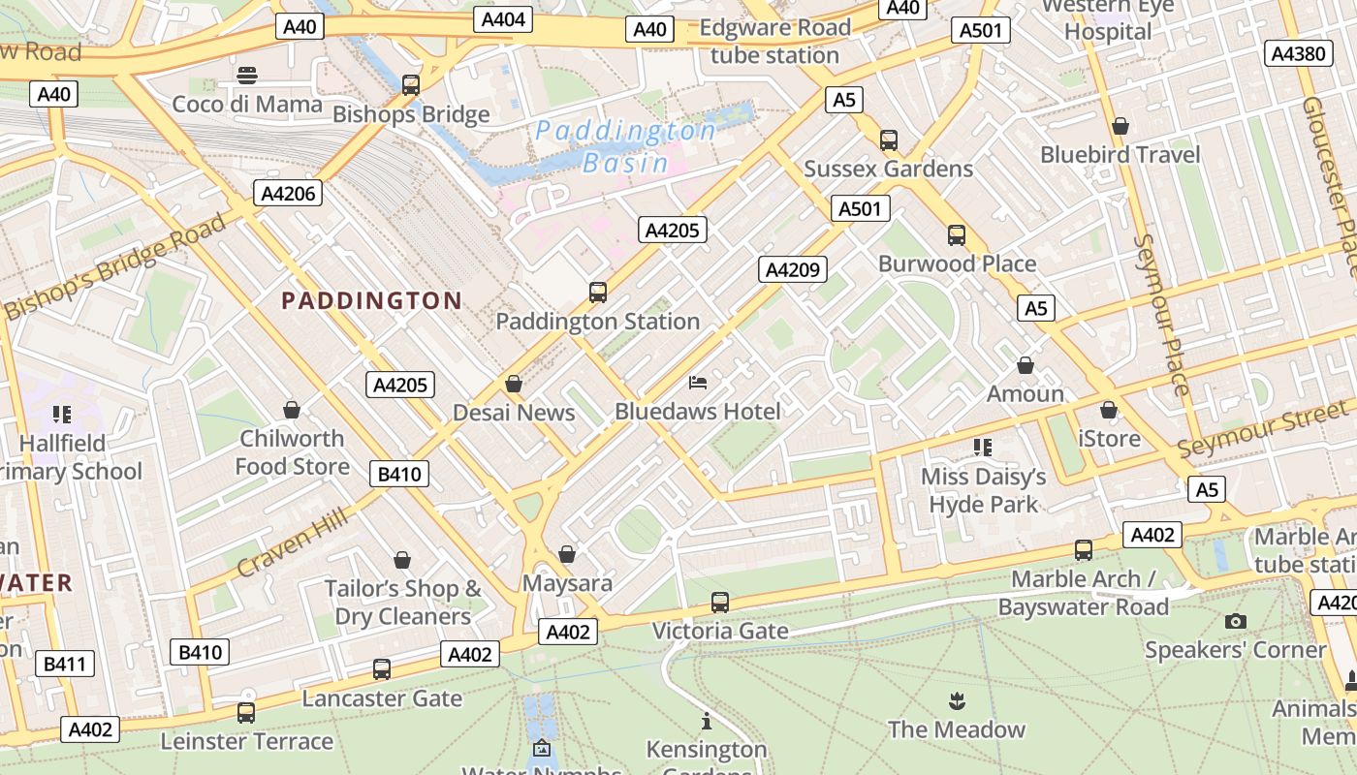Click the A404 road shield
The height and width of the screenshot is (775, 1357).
click(x=503, y=19)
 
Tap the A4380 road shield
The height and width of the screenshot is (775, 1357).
click(x=1298, y=53)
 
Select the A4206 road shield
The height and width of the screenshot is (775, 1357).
click(x=289, y=193)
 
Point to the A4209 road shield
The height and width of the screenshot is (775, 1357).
click(x=792, y=269)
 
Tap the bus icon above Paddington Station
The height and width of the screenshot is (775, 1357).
click(x=598, y=292)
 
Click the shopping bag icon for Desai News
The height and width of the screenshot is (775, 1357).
click(x=514, y=384)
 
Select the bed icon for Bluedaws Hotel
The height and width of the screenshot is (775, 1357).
click(x=698, y=383)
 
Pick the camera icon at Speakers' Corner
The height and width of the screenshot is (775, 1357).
click(x=1235, y=621)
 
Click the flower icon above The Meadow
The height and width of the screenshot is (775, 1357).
click(x=957, y=700)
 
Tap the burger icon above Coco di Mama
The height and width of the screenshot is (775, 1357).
click(x=247, y=75)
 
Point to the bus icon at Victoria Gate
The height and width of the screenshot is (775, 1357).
click(x=719, y=602)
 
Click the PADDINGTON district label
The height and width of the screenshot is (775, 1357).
click(x=371, y=300)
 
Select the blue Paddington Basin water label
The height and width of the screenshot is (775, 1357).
click(x=626, y=146)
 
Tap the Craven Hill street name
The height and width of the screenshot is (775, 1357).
click(x=292, y=544)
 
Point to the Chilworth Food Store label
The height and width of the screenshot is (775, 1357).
click(x=292, y=452)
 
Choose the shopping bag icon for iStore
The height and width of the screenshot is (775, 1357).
click(x=1109, y=410)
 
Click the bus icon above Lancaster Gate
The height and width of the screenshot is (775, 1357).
click(x=382, y=668)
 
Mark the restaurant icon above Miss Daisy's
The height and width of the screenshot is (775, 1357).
click(x=983, y=447)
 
